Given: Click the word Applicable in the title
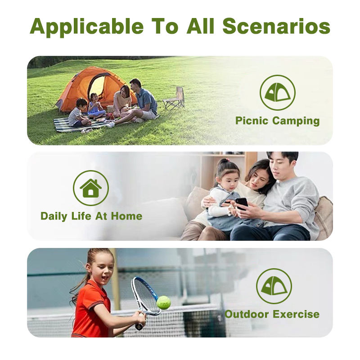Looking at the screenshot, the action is point(86,27).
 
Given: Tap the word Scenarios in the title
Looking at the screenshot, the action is point(276,26).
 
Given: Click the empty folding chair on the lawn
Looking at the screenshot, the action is point(175,98).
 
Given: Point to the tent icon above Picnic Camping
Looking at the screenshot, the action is point(277,92).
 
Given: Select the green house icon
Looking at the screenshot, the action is point(91,188).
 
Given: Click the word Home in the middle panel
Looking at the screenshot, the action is point(126,216).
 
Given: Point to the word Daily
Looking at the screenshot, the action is point(54,216).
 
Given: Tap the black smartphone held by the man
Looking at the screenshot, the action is point(242,203).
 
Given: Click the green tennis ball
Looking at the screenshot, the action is point(163,302).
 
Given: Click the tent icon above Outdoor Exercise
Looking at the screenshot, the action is point(274,286).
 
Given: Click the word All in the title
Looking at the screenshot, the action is point(200,26).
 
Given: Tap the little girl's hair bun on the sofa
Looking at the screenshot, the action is point(221,161).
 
